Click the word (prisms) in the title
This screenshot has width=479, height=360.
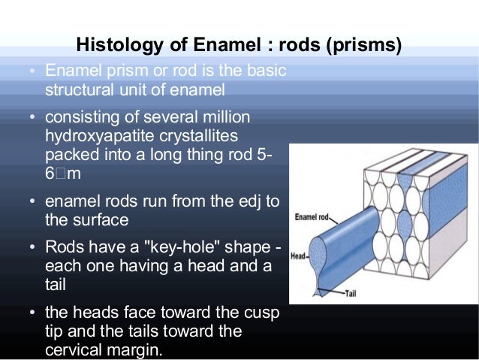point(364,46)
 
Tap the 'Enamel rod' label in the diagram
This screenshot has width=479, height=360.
point(312,216)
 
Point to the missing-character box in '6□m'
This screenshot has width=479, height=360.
point(61,174)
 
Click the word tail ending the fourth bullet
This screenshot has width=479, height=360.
point(56,284)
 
